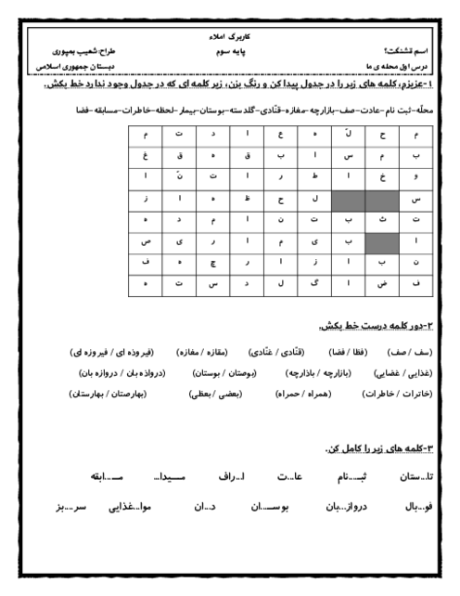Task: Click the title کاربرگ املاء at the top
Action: click(228, 33)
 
